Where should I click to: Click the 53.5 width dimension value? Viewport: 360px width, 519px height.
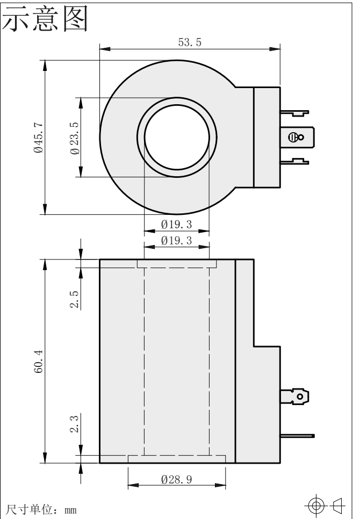tap(190, 42)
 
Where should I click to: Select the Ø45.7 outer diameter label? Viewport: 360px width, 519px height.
tap(38, 138)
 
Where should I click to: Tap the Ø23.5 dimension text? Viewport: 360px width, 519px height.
tap(75, 138)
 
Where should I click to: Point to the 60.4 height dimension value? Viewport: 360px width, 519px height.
tap(38, 362)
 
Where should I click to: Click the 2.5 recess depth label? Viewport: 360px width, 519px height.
tap(74, 299)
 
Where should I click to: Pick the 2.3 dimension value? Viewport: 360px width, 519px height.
tap(74, 424)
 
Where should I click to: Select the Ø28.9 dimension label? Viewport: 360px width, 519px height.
tap(176, 479)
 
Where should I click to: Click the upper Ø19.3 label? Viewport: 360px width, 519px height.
tap(176, 225)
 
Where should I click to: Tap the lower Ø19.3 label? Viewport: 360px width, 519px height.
tap(176, 240)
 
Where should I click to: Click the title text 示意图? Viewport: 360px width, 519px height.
tap(45, 18)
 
